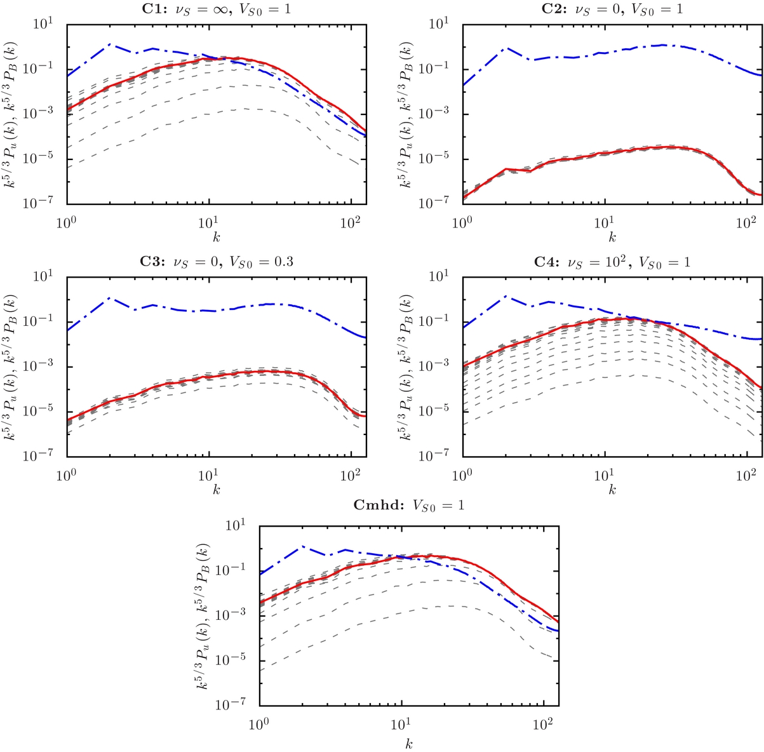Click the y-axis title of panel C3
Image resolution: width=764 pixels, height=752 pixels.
coord(13,366)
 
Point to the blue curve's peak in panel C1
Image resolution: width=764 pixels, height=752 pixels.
coord(110,44)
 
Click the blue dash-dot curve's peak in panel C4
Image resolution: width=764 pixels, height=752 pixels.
coord(506,296)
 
